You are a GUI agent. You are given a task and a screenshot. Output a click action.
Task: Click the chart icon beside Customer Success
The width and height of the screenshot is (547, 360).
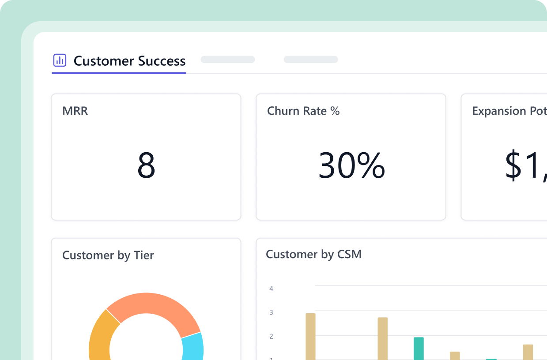point(60,60)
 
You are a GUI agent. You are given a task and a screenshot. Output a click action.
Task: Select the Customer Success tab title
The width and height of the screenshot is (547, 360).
point(129,61)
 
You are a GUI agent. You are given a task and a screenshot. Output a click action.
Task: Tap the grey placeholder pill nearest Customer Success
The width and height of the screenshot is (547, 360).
point(228,60)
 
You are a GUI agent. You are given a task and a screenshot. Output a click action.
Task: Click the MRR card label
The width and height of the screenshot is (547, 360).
point(75,111)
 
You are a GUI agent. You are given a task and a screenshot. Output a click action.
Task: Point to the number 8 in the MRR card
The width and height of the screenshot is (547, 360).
point(146,165)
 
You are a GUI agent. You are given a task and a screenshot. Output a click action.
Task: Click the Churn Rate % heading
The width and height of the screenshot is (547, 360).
point(303,111)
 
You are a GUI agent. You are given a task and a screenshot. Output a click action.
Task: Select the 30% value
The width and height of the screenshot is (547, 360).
point(351,165)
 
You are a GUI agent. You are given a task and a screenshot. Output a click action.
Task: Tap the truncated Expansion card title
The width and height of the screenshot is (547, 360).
point(509,111)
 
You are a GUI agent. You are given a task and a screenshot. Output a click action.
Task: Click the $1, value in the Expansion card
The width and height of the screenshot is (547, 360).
point(526,165)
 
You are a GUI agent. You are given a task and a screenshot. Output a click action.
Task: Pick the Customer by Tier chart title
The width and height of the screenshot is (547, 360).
point(108,255)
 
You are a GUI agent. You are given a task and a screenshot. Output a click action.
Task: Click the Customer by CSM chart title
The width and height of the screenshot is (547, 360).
point(313,254)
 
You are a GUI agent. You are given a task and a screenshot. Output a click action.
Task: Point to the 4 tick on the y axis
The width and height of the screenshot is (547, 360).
point(271,289)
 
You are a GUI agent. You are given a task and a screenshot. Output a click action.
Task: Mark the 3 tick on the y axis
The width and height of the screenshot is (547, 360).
point(271,312)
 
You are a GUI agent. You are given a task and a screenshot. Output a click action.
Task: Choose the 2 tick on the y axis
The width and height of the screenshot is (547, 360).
point(271,336)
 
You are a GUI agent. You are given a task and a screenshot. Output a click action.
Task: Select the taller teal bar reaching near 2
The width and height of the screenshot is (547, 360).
point(419,349)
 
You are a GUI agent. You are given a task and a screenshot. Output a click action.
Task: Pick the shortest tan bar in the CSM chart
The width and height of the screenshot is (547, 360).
point(455,356)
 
